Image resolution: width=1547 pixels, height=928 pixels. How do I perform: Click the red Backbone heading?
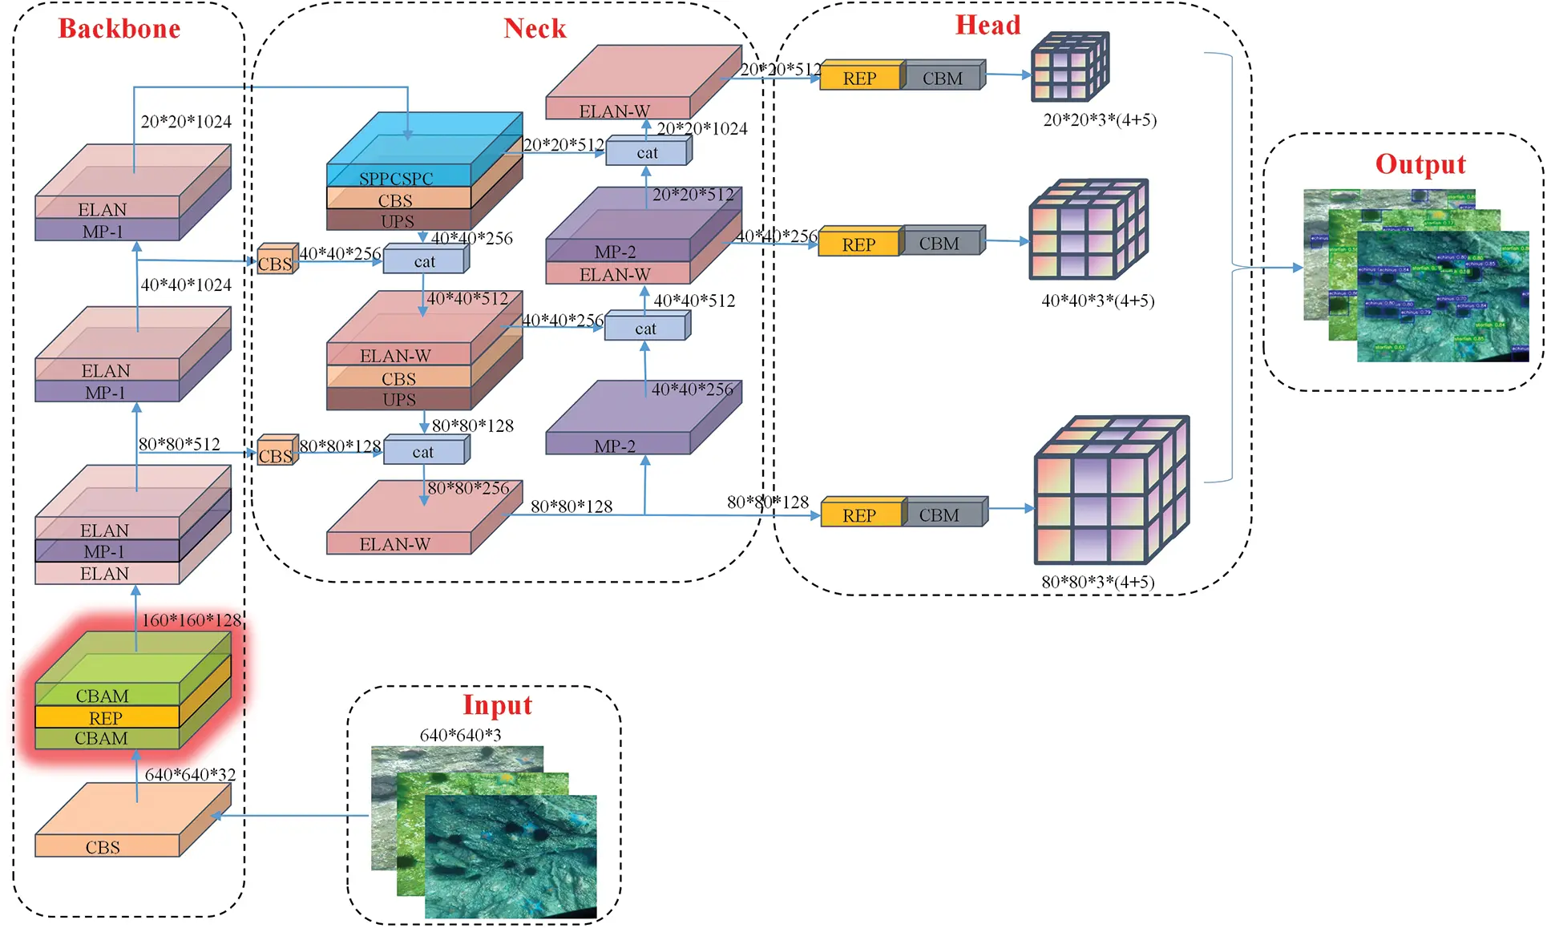point(119,29)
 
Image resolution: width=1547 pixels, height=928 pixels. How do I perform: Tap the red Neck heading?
point(535,29)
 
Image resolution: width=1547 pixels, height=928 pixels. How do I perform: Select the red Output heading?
point(1420,164)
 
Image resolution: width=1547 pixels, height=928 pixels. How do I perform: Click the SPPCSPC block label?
point(396,178)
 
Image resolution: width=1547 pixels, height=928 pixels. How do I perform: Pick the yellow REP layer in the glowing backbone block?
point(106,717)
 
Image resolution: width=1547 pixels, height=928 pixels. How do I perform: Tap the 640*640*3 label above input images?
point(460,735)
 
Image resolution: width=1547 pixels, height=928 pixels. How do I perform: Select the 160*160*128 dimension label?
point(191,620)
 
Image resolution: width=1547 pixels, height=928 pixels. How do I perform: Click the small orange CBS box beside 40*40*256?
point(275,262)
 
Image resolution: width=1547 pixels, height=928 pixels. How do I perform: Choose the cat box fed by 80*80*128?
point(424,452)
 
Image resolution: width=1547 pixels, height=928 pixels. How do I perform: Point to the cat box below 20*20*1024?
point(647,152)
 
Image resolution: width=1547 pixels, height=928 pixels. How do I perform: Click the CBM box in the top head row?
point(943,78)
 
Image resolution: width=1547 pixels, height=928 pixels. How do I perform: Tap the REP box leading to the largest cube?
point(860,515)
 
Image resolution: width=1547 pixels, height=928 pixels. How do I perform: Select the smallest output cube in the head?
point(1068,67)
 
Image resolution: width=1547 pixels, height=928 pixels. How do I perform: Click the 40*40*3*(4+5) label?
point(1097,301)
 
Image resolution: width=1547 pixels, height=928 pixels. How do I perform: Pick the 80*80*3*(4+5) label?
point(1097,582)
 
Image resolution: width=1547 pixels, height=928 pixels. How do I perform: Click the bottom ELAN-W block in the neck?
point(396,543)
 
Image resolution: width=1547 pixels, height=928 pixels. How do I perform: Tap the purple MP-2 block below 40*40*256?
point(616,445)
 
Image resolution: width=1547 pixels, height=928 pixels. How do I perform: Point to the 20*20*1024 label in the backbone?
point(186,122)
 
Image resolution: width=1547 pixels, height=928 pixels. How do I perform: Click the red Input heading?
point(497,705)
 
